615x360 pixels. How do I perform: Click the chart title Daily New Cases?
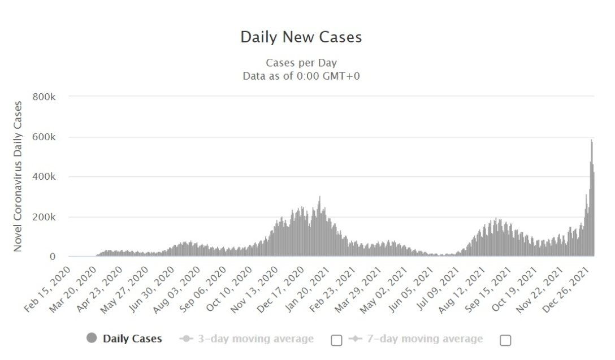tap(301, 37)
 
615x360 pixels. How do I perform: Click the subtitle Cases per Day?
tap(301, 63)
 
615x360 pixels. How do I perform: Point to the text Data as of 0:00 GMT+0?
tap(301, 76)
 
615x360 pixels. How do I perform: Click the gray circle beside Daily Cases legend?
tap(92, 339)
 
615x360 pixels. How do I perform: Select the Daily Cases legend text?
tap(132, 339)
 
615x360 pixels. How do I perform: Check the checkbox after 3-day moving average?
tap(336, 340)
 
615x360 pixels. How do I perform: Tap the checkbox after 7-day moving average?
tap(505, 340)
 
